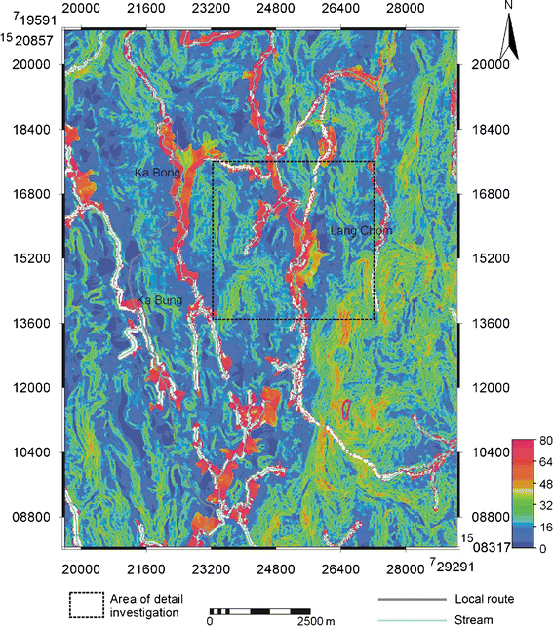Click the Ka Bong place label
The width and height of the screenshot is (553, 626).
click(155, 173)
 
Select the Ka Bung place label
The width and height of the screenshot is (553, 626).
click(157, 299)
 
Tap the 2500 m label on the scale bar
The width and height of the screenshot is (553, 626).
click(316, 619)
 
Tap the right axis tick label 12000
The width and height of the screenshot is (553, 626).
click(490, 387)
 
